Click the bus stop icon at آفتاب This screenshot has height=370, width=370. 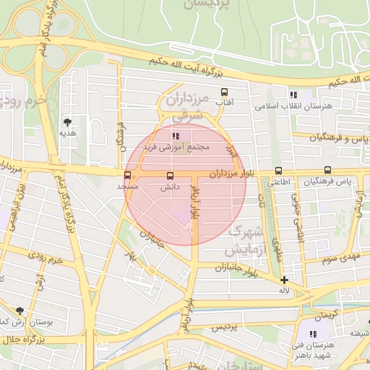[x=224, y=92]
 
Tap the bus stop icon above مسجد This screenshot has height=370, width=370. [x=128, y=175]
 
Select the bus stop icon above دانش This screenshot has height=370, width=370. [x=171, y=176]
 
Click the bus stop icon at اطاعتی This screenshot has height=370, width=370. [x=278, y=171]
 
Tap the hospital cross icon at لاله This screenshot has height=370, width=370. [x=284, y=280]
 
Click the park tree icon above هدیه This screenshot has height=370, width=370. [x=68, y=122]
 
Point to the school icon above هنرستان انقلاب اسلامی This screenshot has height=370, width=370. [x=293, y=95]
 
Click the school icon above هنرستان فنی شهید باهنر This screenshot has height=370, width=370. [x=313, y=334]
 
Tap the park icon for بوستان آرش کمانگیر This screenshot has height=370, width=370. [x=19, y=310]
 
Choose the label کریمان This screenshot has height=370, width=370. [x=324, y=317]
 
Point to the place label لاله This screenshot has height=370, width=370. [x=284, y=291]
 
